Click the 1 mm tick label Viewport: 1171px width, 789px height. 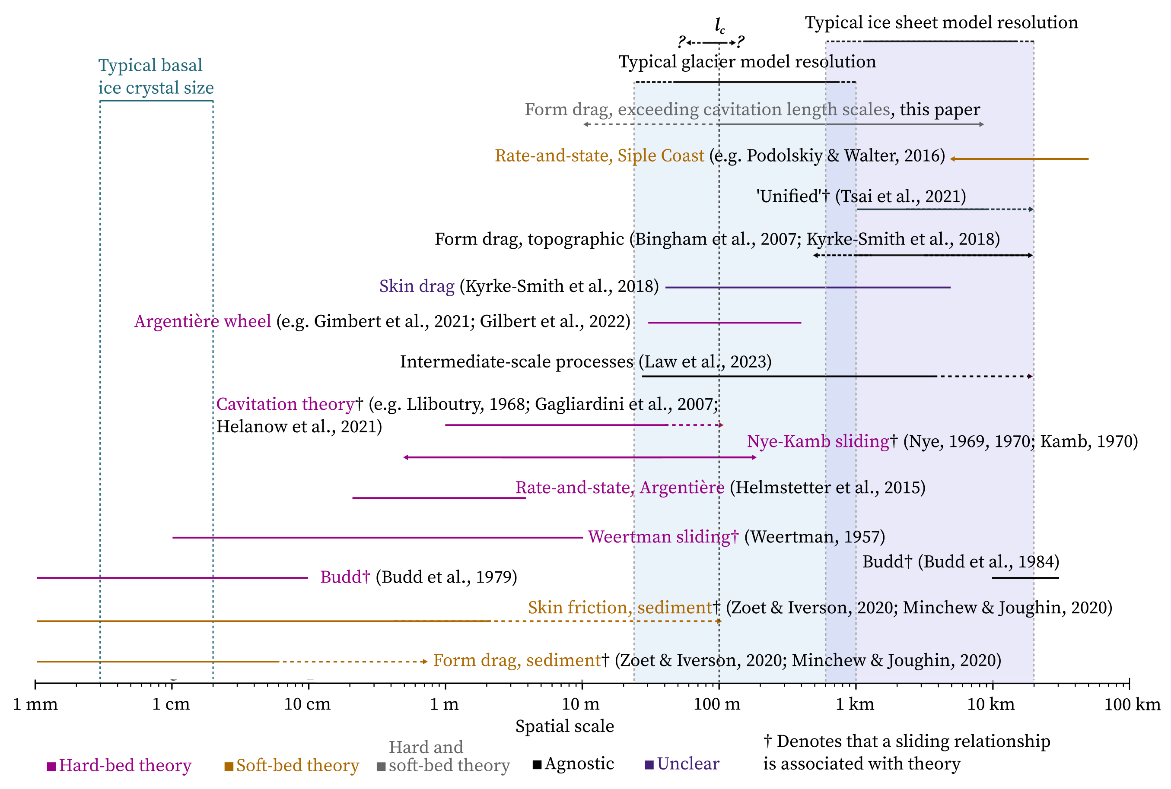[x=35, y=704]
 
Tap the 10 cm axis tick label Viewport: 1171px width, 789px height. [x=307, y=704]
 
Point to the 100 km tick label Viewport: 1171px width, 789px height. [x=1132, y=704]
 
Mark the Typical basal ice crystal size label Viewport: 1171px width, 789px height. [x=156, y=76]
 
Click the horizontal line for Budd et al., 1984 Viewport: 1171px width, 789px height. [x=1025, y=578]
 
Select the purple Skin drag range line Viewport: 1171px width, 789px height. [x=808, y=287]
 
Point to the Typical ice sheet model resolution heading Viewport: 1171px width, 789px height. [x=941, y=22]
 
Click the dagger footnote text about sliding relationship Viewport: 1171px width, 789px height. [x=906, y=752]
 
